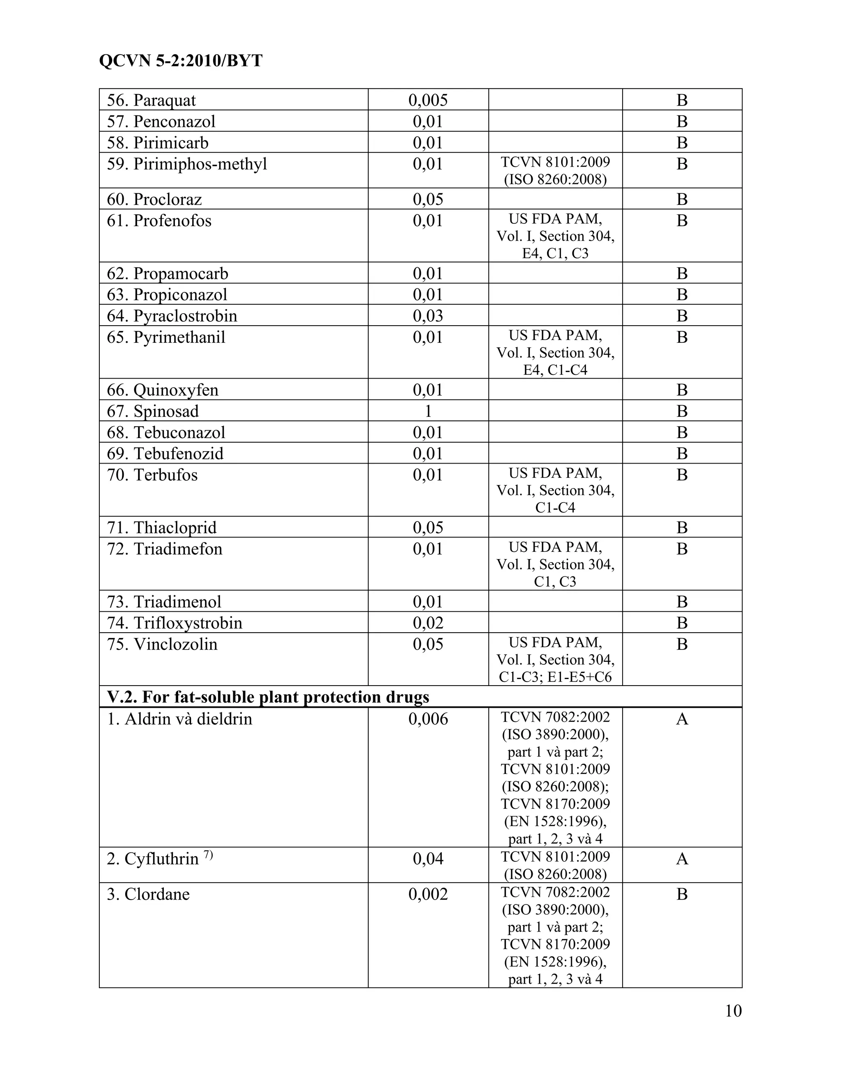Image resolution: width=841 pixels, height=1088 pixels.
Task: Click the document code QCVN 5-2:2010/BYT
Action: [x=181, y=61]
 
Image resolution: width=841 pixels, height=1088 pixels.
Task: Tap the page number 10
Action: [x=733, y=1011]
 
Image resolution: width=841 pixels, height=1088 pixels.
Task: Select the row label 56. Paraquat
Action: [x=152, y=100]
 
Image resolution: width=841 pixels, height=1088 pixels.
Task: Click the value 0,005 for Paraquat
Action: [x=428, y=100]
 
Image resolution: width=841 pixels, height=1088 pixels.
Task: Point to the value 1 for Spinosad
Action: [x=428, y=411]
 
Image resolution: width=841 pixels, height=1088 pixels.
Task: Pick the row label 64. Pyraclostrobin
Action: [x=172, y=316]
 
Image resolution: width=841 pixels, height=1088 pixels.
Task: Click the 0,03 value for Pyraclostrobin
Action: [x=428, y=316]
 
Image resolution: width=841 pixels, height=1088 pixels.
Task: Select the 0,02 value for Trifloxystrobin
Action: [x=428, y=623]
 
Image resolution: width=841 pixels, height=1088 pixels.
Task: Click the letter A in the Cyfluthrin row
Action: [x=682, y=858]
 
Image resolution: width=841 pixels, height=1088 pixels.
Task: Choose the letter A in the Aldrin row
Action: [x=682, y=719]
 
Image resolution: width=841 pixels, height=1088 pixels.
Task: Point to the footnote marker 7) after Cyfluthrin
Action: [x=208, y=855]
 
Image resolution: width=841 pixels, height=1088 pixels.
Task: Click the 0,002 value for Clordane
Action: [x=428, y=894]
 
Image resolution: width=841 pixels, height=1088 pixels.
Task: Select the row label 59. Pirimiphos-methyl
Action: [x=187, y=164]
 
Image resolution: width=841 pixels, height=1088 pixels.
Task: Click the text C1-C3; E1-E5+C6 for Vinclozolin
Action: [x=555, y=677]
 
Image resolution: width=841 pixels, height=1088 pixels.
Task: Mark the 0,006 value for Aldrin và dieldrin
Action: [x=428, y=719]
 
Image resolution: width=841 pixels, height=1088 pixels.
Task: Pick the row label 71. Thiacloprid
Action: [x=161, y=528]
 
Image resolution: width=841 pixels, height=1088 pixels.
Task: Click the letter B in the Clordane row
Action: [x=682, y=894]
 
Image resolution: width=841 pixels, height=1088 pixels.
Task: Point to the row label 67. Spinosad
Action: [x=152, y=411]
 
